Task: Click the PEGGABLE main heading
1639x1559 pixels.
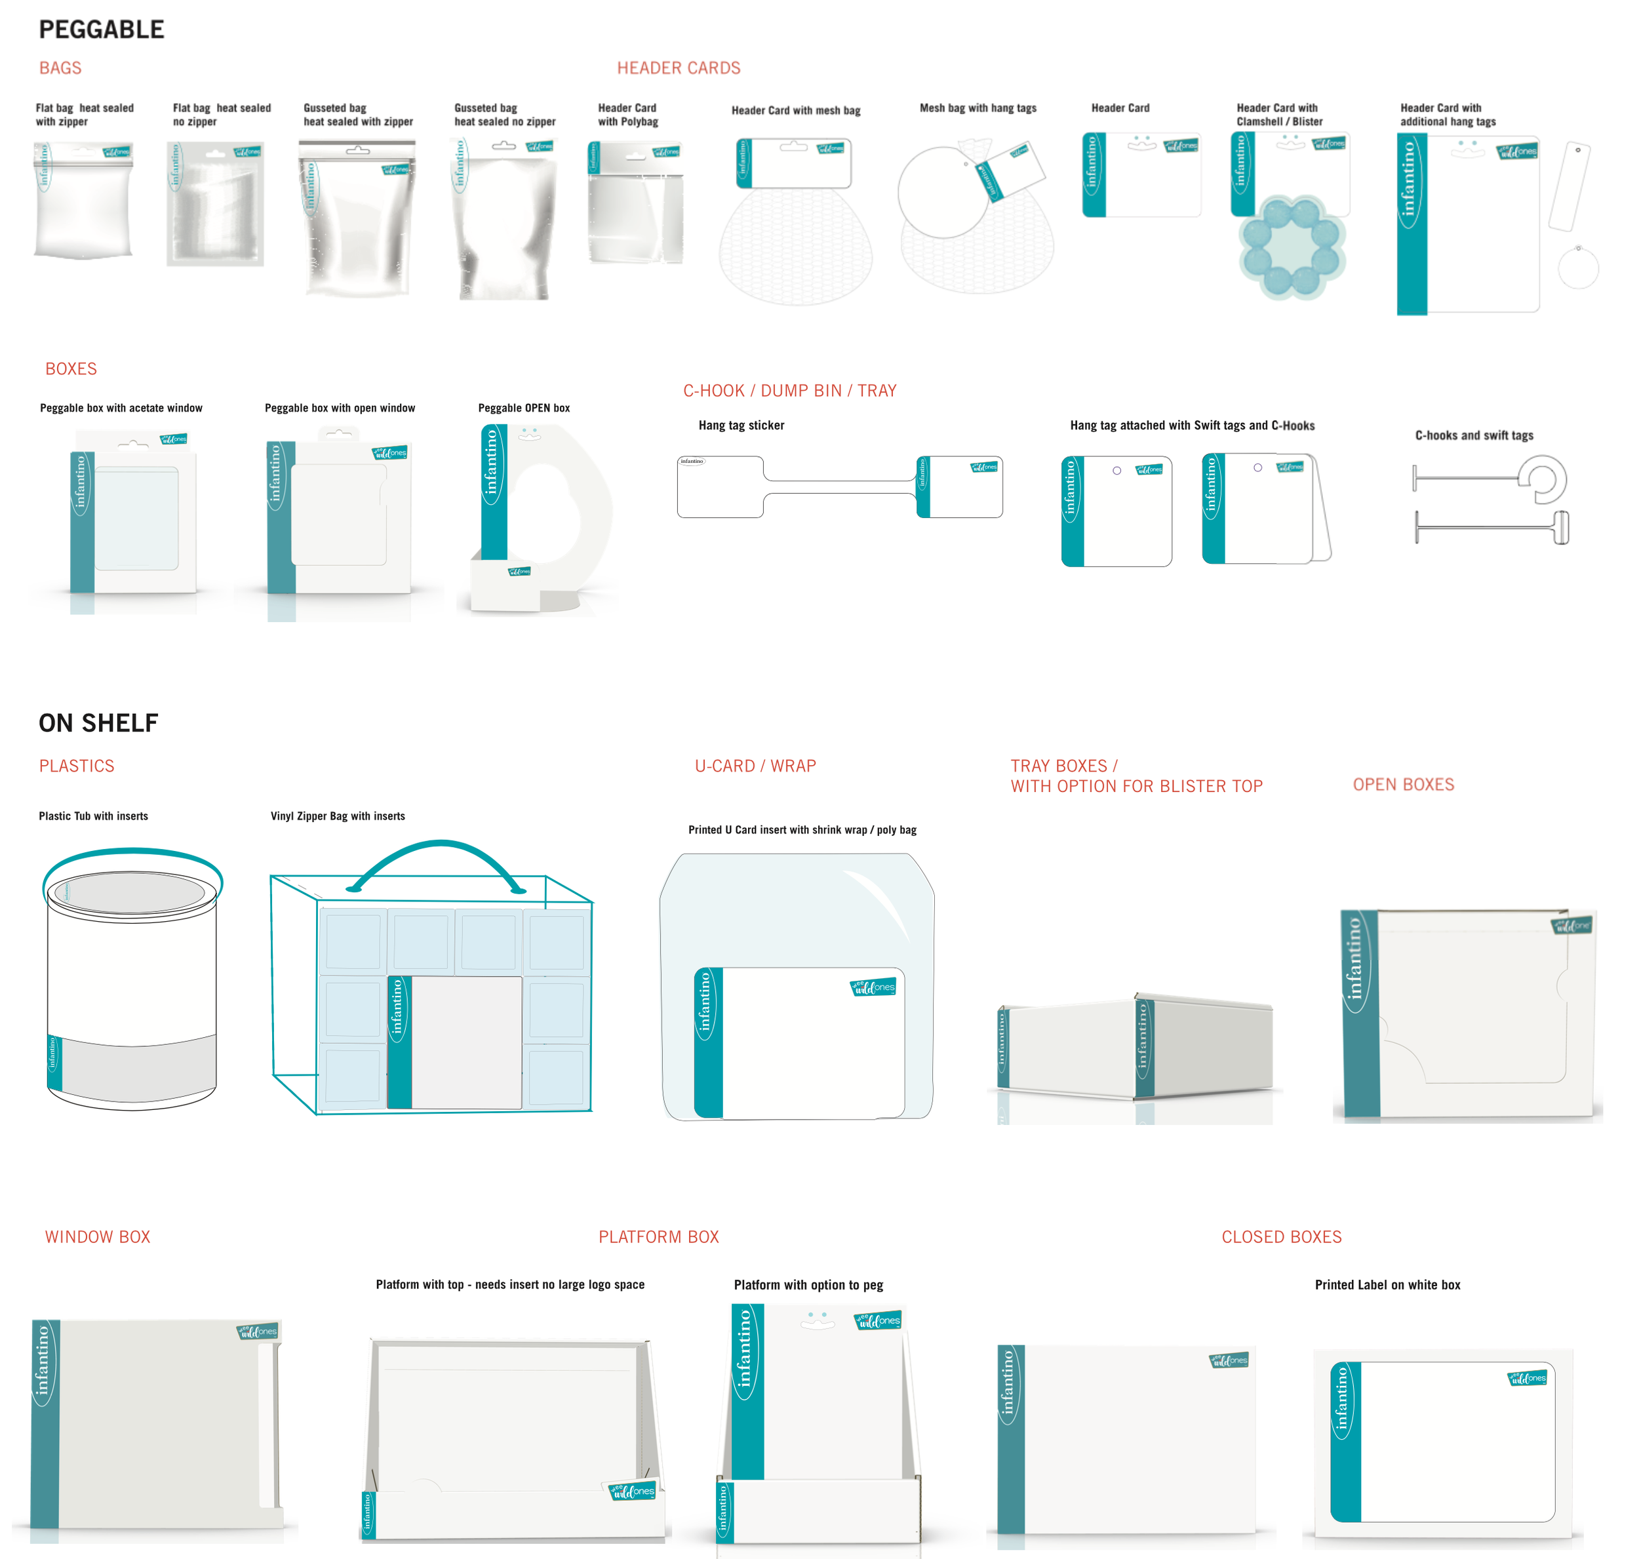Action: [102, 30]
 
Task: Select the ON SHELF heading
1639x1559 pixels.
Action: [98, 723]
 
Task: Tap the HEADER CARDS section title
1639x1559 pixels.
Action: [678, 68]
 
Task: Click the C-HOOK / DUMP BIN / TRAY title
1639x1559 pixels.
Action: [789, 391]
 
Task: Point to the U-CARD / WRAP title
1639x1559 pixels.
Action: [755, 766]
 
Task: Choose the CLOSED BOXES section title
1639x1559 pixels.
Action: [1282, 1236]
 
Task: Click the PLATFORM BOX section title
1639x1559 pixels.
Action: [658, 1236]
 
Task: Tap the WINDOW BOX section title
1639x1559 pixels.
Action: [97, 1236]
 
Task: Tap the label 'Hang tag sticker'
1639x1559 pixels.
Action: [741, 425]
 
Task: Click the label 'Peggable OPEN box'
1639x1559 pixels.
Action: [524, 408]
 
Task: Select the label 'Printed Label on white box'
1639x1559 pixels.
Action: [1387, 1285]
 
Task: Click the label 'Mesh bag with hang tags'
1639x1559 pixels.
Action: [977, 108]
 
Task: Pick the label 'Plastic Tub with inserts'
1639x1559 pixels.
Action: [93, 816]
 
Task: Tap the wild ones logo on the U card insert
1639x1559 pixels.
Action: [873, 987]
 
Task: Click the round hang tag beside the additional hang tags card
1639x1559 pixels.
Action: [1577, 268]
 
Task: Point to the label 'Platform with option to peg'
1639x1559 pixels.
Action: [808, 1285]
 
